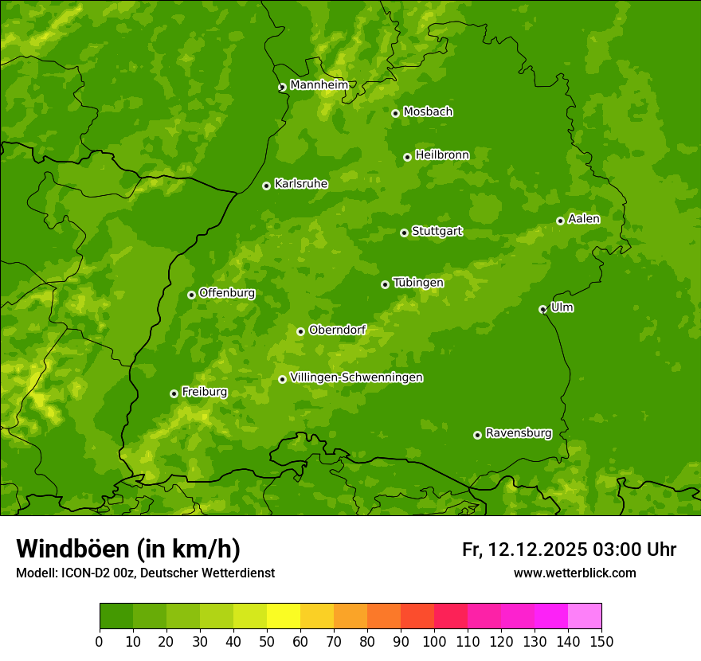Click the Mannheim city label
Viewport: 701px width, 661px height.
(319, 85)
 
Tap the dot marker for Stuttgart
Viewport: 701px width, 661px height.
(404, 233)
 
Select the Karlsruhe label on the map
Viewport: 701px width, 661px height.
(300, 184)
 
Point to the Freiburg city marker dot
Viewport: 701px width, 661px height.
(174, 393)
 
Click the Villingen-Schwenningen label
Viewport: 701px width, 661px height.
(356, 377)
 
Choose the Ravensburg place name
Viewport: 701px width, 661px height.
(518, 433)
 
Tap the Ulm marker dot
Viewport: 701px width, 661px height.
(542, 309)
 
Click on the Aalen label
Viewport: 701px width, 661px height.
(583, 219)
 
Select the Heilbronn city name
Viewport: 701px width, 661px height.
(442, 155)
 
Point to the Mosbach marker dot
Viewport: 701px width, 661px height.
(395, 113)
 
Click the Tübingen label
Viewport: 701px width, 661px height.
(417, 283)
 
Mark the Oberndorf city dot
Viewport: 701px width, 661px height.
(300, 331)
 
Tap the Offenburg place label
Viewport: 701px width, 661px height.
(226, 293)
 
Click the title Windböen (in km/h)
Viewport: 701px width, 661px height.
(127, 549)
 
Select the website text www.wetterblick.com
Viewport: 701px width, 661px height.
(574, 573)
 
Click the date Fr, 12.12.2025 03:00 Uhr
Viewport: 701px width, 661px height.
(569, 550)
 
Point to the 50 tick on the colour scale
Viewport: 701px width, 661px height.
(267, 641)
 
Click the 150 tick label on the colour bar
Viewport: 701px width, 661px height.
(601, 641)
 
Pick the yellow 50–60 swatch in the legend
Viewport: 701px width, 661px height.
(284, 616)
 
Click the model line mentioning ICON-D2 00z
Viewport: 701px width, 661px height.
(145, 573)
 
